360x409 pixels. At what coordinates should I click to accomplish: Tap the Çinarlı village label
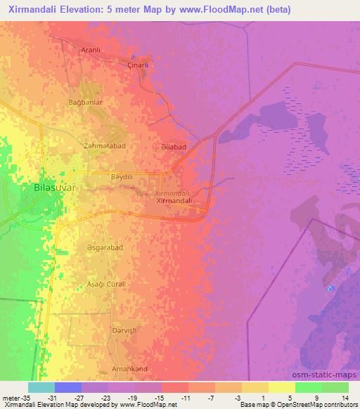[137, 65]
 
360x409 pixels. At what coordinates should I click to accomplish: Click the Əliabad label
[173, 147]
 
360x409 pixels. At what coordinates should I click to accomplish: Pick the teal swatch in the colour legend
[41, 387]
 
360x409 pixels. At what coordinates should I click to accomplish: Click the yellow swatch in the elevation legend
[282, 387]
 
